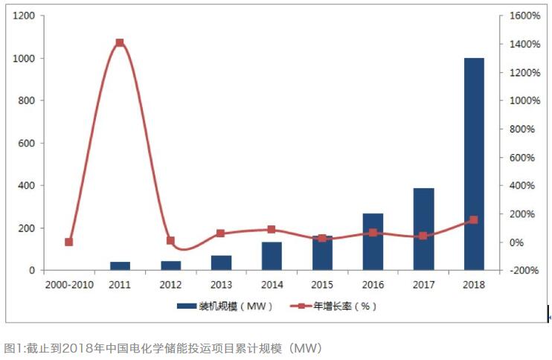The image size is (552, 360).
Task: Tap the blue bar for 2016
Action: click(373, 242)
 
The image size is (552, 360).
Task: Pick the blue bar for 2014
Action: click(272, 256)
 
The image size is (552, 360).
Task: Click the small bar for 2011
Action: click(120, 266)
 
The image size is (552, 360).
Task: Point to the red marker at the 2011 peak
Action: click(120, 43)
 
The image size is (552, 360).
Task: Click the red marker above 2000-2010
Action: click(69, 242)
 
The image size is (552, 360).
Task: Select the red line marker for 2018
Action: click(474, 220)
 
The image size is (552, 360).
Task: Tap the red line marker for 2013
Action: click(221, 234)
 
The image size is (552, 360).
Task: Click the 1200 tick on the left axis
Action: click(22, 16)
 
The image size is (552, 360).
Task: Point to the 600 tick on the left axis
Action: click(25, 143)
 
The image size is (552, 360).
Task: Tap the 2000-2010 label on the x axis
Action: click(69, 284)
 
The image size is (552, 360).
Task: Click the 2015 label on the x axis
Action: click(322, 284)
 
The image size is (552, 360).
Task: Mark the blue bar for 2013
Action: click(221, 263)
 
